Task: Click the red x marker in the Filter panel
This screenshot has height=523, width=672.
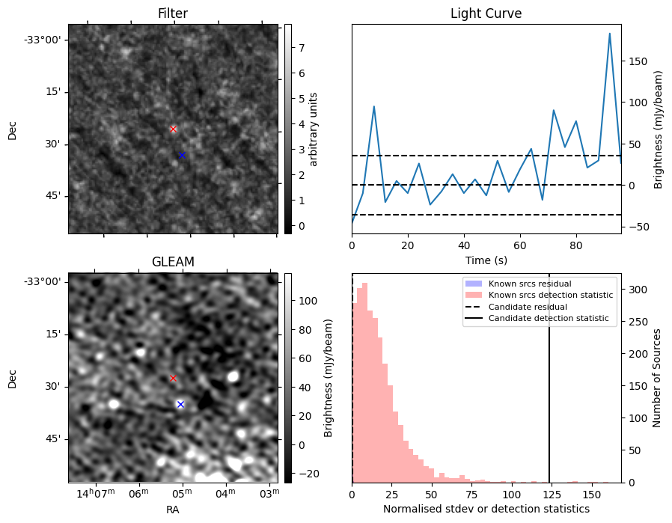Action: (x=174, y=129)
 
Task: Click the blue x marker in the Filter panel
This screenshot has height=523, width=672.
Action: (x=182, y=155)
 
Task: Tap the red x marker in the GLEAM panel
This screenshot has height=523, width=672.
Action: (x=173, y=378)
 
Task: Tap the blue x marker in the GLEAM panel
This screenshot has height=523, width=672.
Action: (x=180, y=404)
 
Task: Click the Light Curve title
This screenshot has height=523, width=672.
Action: (x=486, y=13)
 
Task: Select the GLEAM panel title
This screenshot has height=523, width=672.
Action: (x=173, y=262)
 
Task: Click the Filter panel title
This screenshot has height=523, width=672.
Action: (x=173, y=13)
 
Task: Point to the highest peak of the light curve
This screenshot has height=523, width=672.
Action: (x=610, y=34)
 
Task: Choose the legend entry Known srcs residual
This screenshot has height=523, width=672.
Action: (x=530, y=284)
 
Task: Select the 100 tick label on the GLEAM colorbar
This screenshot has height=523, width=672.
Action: (x=298, y=301)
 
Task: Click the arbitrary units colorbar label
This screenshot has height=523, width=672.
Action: (x=314, y=129)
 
